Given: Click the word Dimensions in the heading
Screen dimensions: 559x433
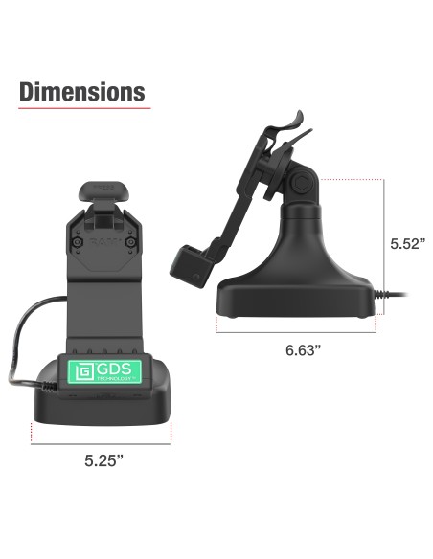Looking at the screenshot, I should pos(82,92).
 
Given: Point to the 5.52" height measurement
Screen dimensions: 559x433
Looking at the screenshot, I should pos(408,243).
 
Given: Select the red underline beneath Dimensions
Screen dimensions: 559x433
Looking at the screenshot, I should pos(82,108).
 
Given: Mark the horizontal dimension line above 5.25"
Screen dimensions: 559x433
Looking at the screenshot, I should pos(103,443).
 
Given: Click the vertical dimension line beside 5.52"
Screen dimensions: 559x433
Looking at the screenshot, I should pos(385,244).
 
